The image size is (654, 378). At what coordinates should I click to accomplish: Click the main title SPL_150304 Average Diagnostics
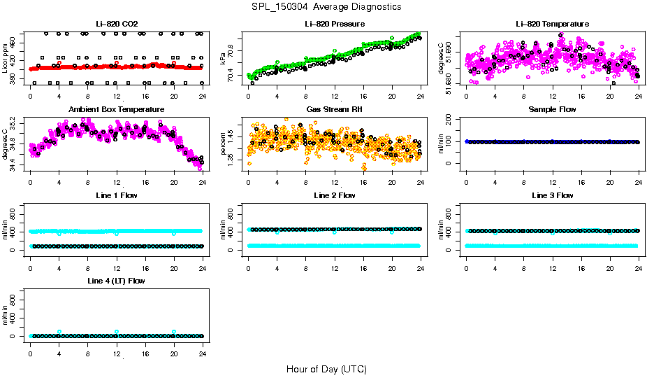coord(327,6)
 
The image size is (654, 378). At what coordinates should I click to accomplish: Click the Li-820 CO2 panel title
coord(116,24)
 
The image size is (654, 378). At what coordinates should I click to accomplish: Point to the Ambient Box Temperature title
coord(116,110)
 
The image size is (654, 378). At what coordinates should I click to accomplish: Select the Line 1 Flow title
coord(116,195)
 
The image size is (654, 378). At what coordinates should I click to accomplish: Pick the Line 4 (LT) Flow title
coord(116,281)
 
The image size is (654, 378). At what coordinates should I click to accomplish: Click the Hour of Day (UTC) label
coord(326,369)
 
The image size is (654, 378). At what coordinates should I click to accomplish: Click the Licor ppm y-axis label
coord(6,59)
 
